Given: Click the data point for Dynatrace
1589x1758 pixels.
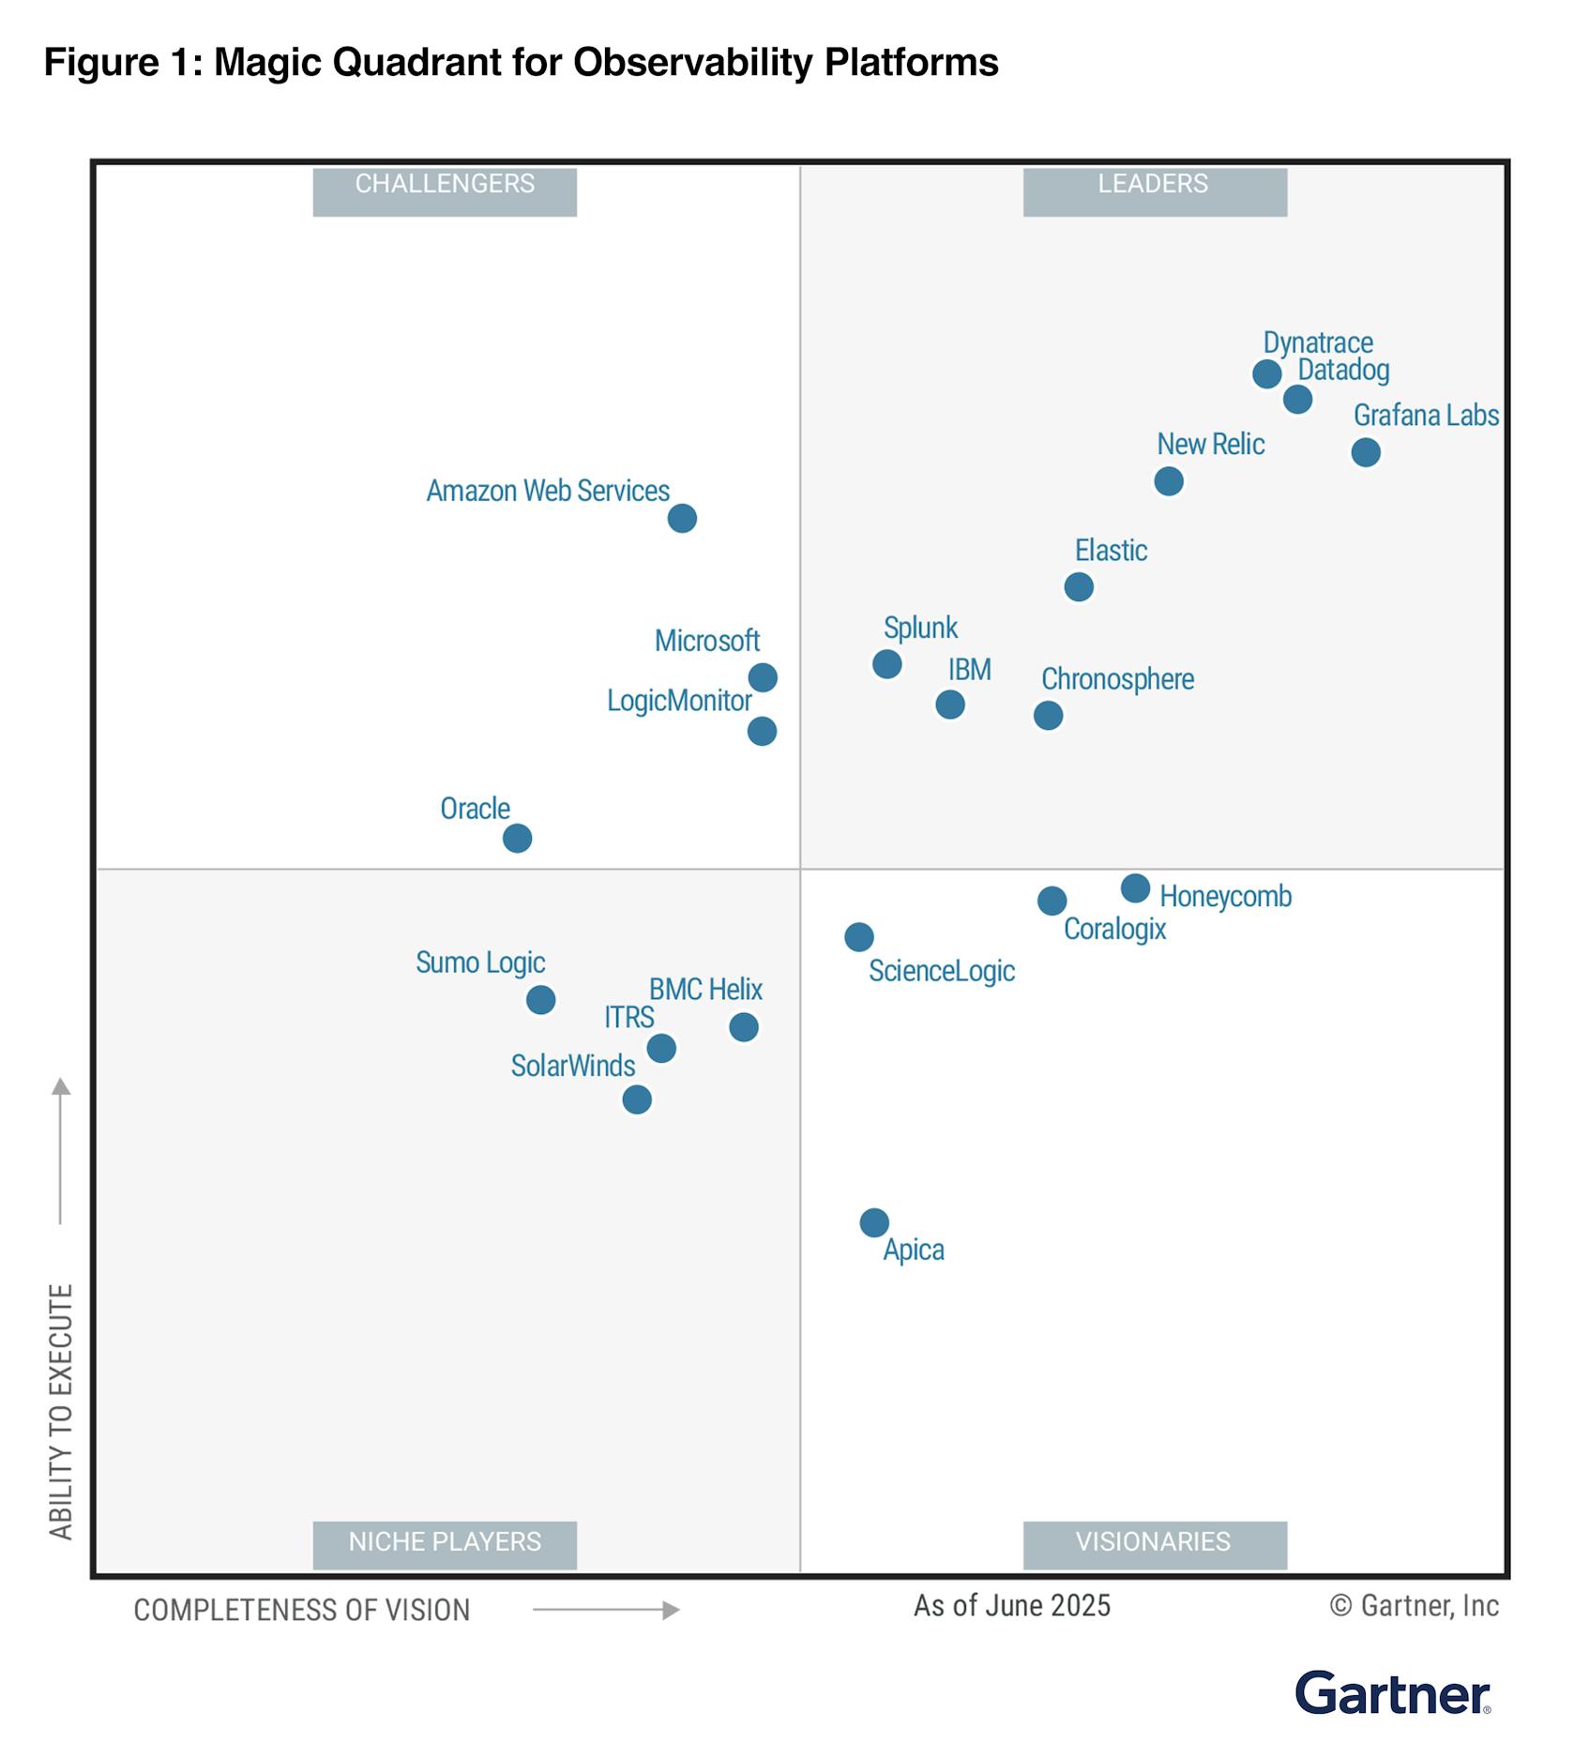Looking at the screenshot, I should (1266, 374).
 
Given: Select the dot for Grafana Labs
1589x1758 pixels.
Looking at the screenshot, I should (1366, 452).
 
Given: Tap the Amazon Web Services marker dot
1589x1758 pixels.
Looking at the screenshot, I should (682, 518).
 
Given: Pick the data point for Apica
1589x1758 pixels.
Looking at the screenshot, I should (874, 1222).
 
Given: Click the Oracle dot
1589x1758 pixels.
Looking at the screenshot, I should (517, 838).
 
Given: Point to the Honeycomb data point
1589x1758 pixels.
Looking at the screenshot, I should (1135, 887).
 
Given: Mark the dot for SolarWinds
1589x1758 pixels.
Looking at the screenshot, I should (637, 1099).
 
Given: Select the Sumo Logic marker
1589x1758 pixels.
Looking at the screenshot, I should (540, 1000).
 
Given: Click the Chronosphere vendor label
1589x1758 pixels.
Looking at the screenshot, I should (1117, 679).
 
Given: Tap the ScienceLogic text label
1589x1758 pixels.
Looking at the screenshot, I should (941, 971).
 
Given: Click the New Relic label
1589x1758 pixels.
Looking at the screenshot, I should (1210, 445).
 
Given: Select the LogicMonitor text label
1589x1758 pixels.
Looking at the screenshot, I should (679, 701).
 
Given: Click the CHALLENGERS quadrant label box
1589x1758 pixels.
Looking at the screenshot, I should (445, 191).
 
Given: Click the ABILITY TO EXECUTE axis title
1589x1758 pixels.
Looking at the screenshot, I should (61, 1412).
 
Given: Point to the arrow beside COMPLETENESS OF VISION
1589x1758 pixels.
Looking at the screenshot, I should (606, 1610).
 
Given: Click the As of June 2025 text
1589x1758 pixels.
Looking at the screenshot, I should (1011, 1606).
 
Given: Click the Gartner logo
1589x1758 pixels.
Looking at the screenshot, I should (1392, 1694).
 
